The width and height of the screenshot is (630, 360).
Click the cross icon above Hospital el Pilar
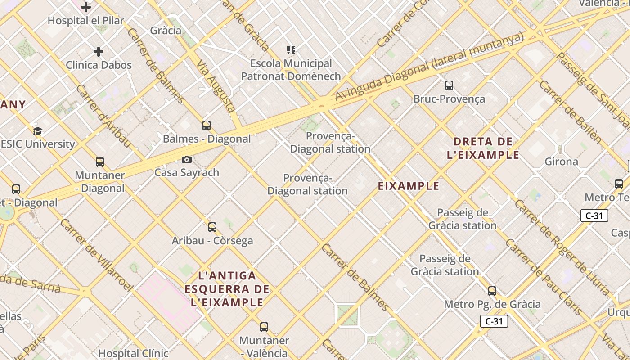click(x=86, y=7)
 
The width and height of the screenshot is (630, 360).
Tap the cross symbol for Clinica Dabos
click(x=99, y=52)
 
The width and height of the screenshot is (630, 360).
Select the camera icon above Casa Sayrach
click(x=187, y=160)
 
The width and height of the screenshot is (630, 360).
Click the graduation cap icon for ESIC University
click(x=37, y=131)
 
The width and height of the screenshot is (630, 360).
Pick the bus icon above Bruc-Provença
click(x=449, y=85)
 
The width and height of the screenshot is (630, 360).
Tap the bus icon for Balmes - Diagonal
click(x=207, y=126)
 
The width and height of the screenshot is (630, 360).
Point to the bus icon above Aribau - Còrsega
click(x=212, y=227)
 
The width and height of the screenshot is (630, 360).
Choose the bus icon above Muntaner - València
click(x=264, y=327)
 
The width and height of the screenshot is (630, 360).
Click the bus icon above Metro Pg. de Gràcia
click(x=492, y=291)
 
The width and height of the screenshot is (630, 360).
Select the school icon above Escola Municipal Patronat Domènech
click(x=291, y=50)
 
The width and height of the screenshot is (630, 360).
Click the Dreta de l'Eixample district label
click(x=483, y=148)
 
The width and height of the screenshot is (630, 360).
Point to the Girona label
click(x=561, y=162)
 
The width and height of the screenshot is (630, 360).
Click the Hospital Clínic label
click(x=133, y=353)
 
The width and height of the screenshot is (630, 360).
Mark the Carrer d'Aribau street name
click(x=103, y=116)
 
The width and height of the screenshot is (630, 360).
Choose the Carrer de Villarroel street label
click(x=97, y=255)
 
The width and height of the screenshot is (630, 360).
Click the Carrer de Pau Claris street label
click(x=544, y=276)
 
